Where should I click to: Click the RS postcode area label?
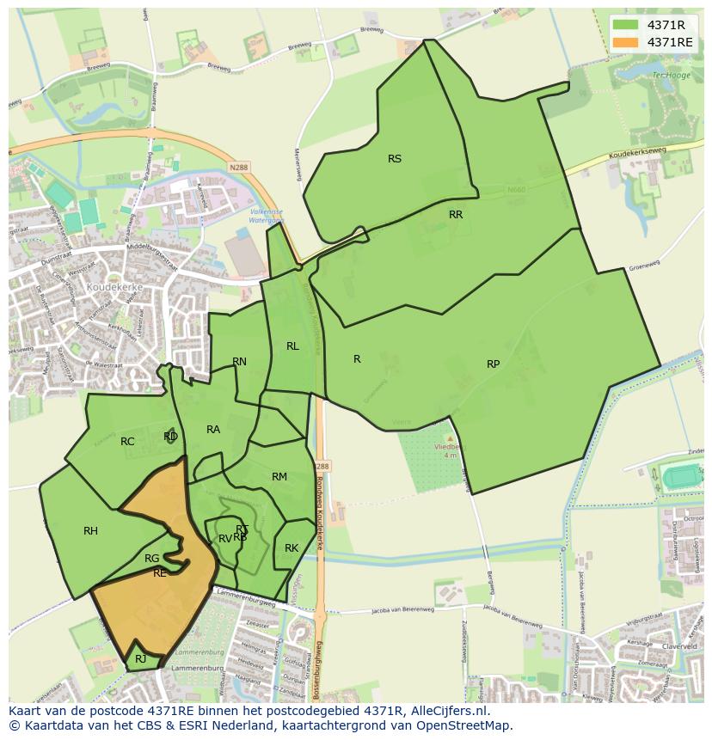coord(395,159)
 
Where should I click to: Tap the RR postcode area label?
coord(456,215)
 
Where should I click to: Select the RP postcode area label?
coord(493,364)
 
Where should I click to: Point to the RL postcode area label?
coord(292,346)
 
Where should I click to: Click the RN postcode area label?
coord(239,362)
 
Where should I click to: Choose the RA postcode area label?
coord(213,430)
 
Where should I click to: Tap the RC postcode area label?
coord(127,442)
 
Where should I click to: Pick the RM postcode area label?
coord(279,477)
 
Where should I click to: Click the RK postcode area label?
coord(292,548)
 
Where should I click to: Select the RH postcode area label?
coord(90,531)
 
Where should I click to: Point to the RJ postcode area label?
coord(140,659)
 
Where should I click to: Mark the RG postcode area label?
coord(151,559)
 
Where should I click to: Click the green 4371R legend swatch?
coord(625,25)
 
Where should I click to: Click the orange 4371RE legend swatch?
coord(625,42)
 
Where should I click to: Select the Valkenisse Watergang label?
coord(266,216)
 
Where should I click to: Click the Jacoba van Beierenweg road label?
coord(403,611)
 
